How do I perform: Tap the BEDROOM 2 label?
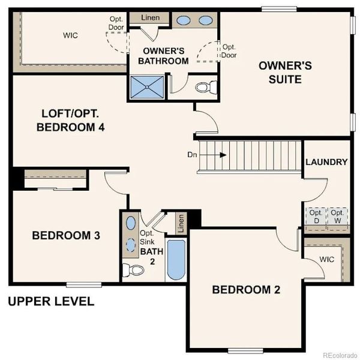point(246,290)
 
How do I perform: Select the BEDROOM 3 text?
point(65,235)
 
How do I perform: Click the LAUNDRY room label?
point(326,162)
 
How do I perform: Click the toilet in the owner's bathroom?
point(205,88)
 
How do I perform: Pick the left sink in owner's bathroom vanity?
point(184,20)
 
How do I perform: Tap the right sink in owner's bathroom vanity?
point(205,20)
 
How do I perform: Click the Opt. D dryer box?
point(316,217)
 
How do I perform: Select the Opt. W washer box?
point(337,217)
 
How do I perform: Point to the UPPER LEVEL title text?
point(51,301)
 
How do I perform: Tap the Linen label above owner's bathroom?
point(150,18)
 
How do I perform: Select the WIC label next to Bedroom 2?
point(326,260)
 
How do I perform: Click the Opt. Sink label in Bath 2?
point(148,237)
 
